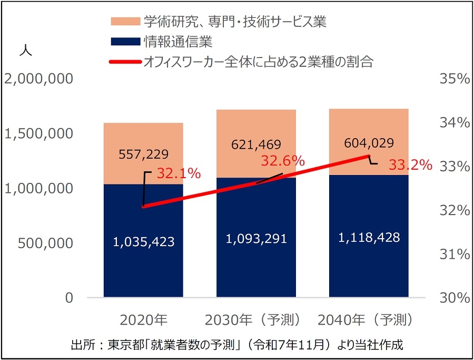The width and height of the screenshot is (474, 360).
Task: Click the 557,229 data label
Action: [x=143, y=154]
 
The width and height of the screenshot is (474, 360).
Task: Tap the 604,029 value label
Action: [x=369, y=143]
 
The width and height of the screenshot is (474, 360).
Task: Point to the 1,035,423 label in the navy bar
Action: [x=143, y=242]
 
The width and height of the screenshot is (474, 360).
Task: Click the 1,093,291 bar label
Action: [x=256, y=238]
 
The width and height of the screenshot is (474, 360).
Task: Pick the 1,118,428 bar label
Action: [x=369, y=237]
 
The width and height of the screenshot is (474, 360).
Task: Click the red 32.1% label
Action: [x=179, y=173]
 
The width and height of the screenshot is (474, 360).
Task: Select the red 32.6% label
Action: [x=283, y=161]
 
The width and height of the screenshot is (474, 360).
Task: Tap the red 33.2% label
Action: [x=410, y=165]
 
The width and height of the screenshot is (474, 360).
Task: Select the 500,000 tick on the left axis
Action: [x=45, y=244]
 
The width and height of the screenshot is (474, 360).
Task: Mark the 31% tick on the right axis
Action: [x=453, y=255]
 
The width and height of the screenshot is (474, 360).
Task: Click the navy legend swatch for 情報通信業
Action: [x=125, y=42]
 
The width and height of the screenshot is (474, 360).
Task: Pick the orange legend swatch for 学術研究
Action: [x=125, y=22]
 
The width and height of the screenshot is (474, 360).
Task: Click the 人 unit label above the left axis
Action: [x=26, y=51]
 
